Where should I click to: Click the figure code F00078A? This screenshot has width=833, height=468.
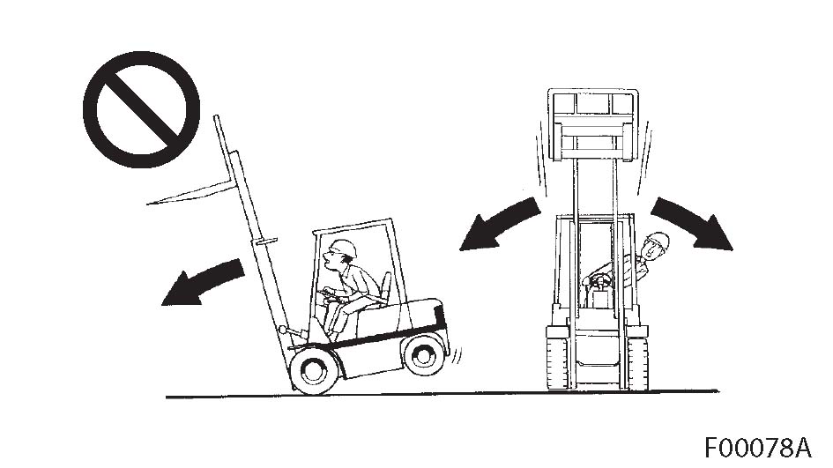758,448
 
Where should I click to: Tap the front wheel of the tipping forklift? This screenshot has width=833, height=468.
314,369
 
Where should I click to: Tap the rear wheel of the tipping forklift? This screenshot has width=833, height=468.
424,354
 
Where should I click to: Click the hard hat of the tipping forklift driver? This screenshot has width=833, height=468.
343,248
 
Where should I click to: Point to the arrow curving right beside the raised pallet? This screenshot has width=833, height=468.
690,220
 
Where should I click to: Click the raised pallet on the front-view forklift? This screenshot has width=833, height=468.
593,125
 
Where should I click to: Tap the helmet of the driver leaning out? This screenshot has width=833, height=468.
658,240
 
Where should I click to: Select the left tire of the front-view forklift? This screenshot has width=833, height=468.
557,363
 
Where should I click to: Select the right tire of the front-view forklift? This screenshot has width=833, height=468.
637,363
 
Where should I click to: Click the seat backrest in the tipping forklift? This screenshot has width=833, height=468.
386,288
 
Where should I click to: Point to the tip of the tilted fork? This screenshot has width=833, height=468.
148,203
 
